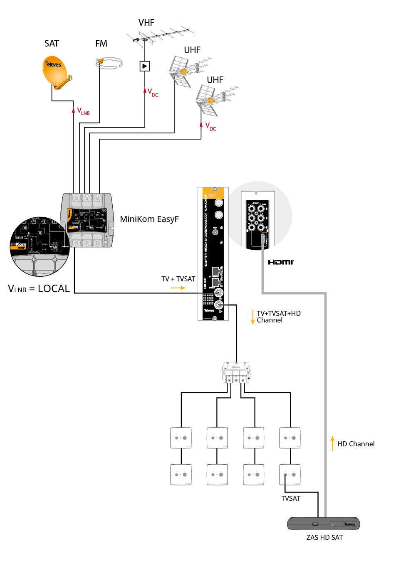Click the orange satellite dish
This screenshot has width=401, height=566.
[56, 72]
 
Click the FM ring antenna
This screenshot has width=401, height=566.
[109, 63]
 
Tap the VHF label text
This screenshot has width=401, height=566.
[146, 23]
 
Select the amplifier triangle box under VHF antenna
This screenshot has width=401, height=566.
[144, 66]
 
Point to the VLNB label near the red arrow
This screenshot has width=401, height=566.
[83, 111]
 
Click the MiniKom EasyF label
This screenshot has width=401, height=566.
[149, 219]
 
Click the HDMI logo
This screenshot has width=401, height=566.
[281, 262]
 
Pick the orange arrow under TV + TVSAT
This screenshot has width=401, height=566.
[178, 288]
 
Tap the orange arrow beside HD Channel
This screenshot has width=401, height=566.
[332, 443]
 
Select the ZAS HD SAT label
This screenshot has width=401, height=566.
[324, 537]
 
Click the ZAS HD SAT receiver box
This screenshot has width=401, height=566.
[324, 524]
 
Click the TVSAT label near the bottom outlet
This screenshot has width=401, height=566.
[291, 499]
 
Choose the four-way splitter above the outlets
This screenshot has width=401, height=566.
[236, 372]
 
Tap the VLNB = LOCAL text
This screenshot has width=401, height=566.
[39, 289]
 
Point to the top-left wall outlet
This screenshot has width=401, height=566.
[181, 438]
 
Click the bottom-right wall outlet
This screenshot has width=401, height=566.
[290, 475]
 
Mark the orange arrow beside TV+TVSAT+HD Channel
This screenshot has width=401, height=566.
[252, 317]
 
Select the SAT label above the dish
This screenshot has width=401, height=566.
[52, 44]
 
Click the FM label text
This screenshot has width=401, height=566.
[101, 44]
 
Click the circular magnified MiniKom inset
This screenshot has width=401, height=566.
[40, 246]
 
